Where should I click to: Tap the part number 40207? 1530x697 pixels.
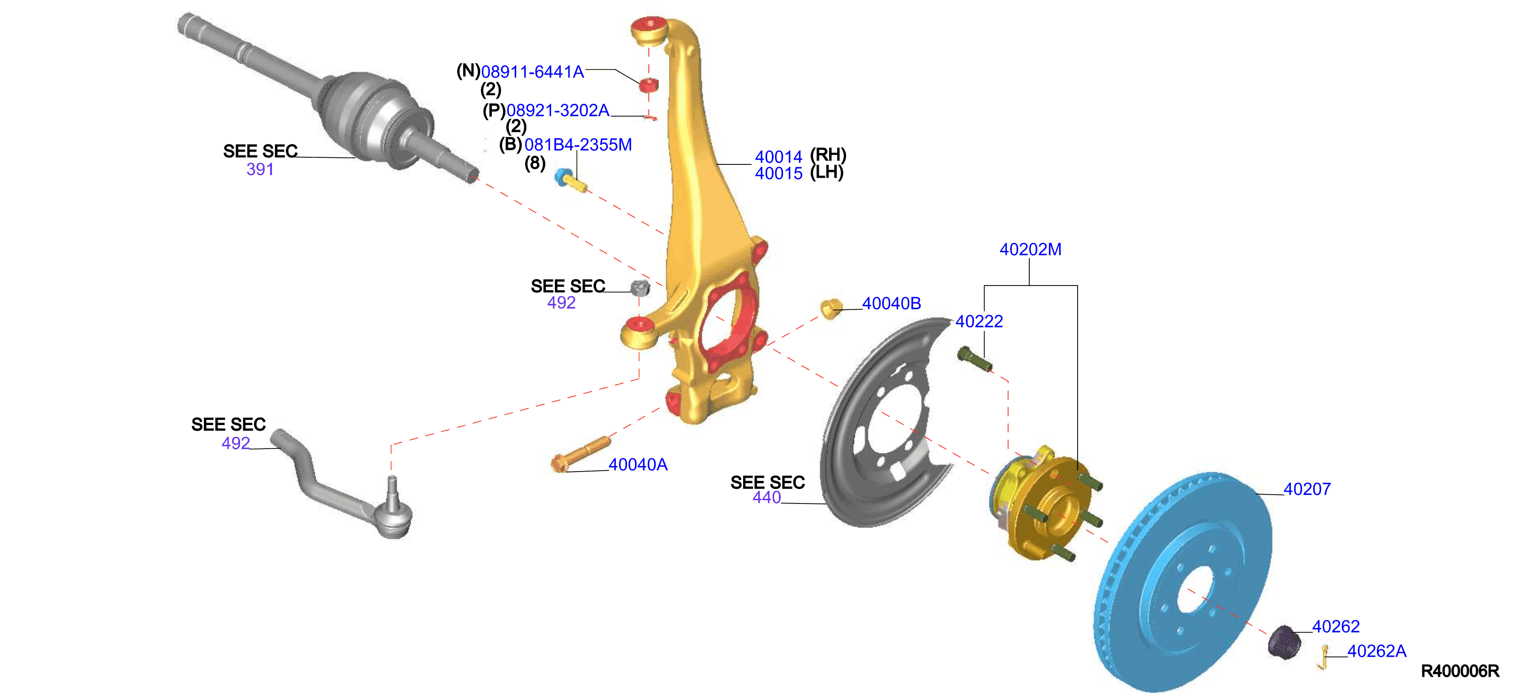pyautogui.click(x=1307, y=489)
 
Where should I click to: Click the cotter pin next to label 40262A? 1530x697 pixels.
pyautogui.click(x=1323, y=657)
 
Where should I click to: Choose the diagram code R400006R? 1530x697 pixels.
pyautogui.click(x=1460, y=671)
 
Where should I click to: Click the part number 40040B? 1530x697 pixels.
pyautogui.click(x=891, y=303)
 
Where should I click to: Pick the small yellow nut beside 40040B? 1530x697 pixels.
pyautogui.click(x=831, y=308)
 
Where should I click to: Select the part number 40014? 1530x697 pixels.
pyautogui.click(x=778, y=157)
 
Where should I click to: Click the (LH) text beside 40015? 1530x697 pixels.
pyautogui.click(x=826, y=172)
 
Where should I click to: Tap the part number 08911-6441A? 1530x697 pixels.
pyautogui.click(x=532, y=72)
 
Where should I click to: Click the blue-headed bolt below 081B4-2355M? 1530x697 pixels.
pyautogui.click(x=571, y=180)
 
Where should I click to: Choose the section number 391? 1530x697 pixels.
pyautogui.click(x=260, y=169)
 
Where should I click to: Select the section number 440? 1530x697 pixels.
pyautogui.click(x=766, y=497)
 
